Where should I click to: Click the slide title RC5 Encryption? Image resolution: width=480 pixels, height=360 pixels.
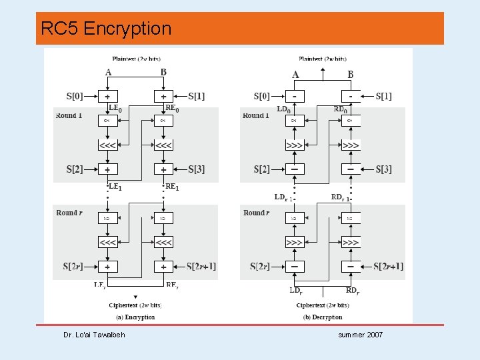(x=106, y=29)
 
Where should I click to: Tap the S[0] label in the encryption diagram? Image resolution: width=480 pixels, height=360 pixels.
(x=75, y=96)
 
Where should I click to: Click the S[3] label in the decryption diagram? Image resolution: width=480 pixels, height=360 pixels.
(x=389, y=169)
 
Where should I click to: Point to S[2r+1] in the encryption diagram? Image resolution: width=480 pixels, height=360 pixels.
(x=201, y=267)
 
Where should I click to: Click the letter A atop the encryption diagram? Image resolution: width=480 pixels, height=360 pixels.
(x=108, y=72)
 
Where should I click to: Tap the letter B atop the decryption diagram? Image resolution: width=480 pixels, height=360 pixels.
(x=351, y=75)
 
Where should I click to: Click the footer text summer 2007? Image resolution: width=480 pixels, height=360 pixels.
(x=360, y=335)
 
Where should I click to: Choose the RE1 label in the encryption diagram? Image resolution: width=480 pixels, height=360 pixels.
(x=172, y=187)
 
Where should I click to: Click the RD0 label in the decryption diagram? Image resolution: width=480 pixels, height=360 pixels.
(x=341, y=109)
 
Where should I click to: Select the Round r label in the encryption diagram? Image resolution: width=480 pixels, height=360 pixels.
(x=69, y=213)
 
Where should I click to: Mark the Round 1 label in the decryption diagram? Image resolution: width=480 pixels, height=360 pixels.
(x=256, y=115)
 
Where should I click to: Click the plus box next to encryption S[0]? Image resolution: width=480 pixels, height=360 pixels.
(x=108, y=96)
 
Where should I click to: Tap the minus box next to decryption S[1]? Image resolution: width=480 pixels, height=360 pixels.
(x=351, y=96)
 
